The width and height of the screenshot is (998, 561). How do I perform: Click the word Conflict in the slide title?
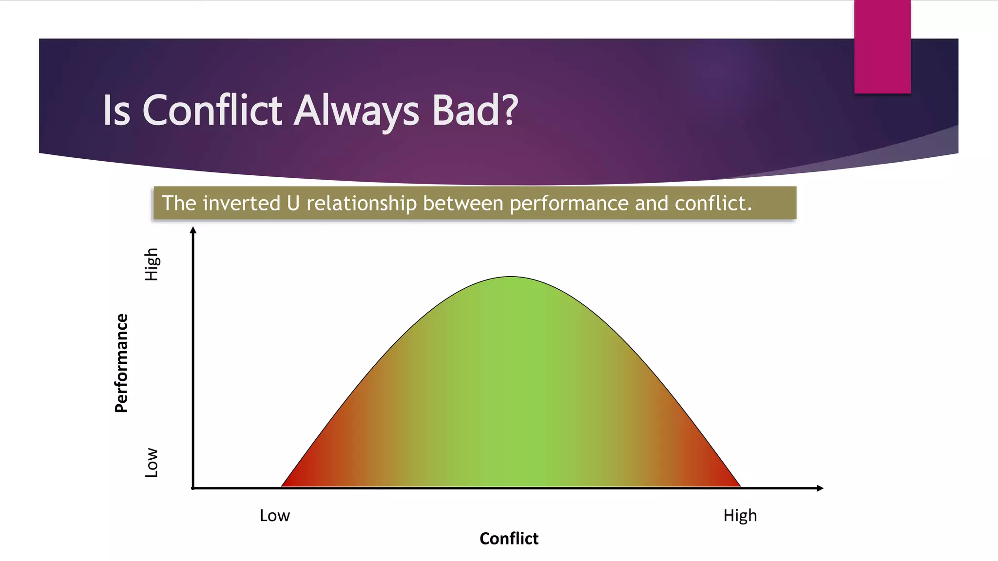[x=212, y=110]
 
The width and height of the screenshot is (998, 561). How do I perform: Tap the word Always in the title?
[x=356, y=111]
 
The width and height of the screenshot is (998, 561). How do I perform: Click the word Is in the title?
[x=116, y=110]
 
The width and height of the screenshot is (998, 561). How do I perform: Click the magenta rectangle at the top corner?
[x=882, y=46]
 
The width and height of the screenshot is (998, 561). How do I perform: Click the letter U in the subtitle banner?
[x=293, y=203]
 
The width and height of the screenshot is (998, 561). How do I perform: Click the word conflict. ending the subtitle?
[x=713, y=203]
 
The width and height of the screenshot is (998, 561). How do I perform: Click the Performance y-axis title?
[x=121, y=363]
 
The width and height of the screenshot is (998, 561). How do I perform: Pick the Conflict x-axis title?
[x=509, y=539]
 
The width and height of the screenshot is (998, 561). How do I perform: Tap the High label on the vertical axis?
[x=152, y=264]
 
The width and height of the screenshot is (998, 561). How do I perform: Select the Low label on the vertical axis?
[x=152, y=463]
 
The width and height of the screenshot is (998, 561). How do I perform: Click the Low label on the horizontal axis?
[x=274, y=515]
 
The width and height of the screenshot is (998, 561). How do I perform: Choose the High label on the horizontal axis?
[x=740, y=515]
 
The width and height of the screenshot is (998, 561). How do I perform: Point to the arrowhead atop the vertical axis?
[x=193, y=230]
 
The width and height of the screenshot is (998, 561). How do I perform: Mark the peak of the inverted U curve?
[x=511, y=278]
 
